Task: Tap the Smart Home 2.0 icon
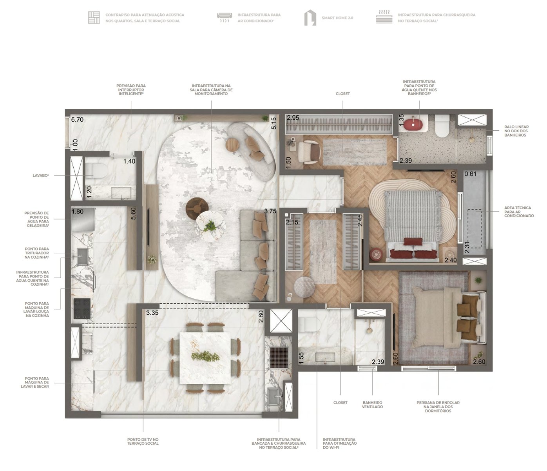tap(310, 18)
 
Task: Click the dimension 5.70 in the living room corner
tap(77, 120)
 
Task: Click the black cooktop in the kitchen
tap(82, 309)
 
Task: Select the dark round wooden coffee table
tap(197, 208)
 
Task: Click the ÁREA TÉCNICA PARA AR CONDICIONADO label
tap(519, 212)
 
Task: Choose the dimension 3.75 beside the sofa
tap(270, 211)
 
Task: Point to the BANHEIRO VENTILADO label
tap(372, 405)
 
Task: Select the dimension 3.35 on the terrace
tap(152, 313)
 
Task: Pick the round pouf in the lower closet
tap(304, 287)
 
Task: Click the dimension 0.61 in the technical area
tap(470, 174)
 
